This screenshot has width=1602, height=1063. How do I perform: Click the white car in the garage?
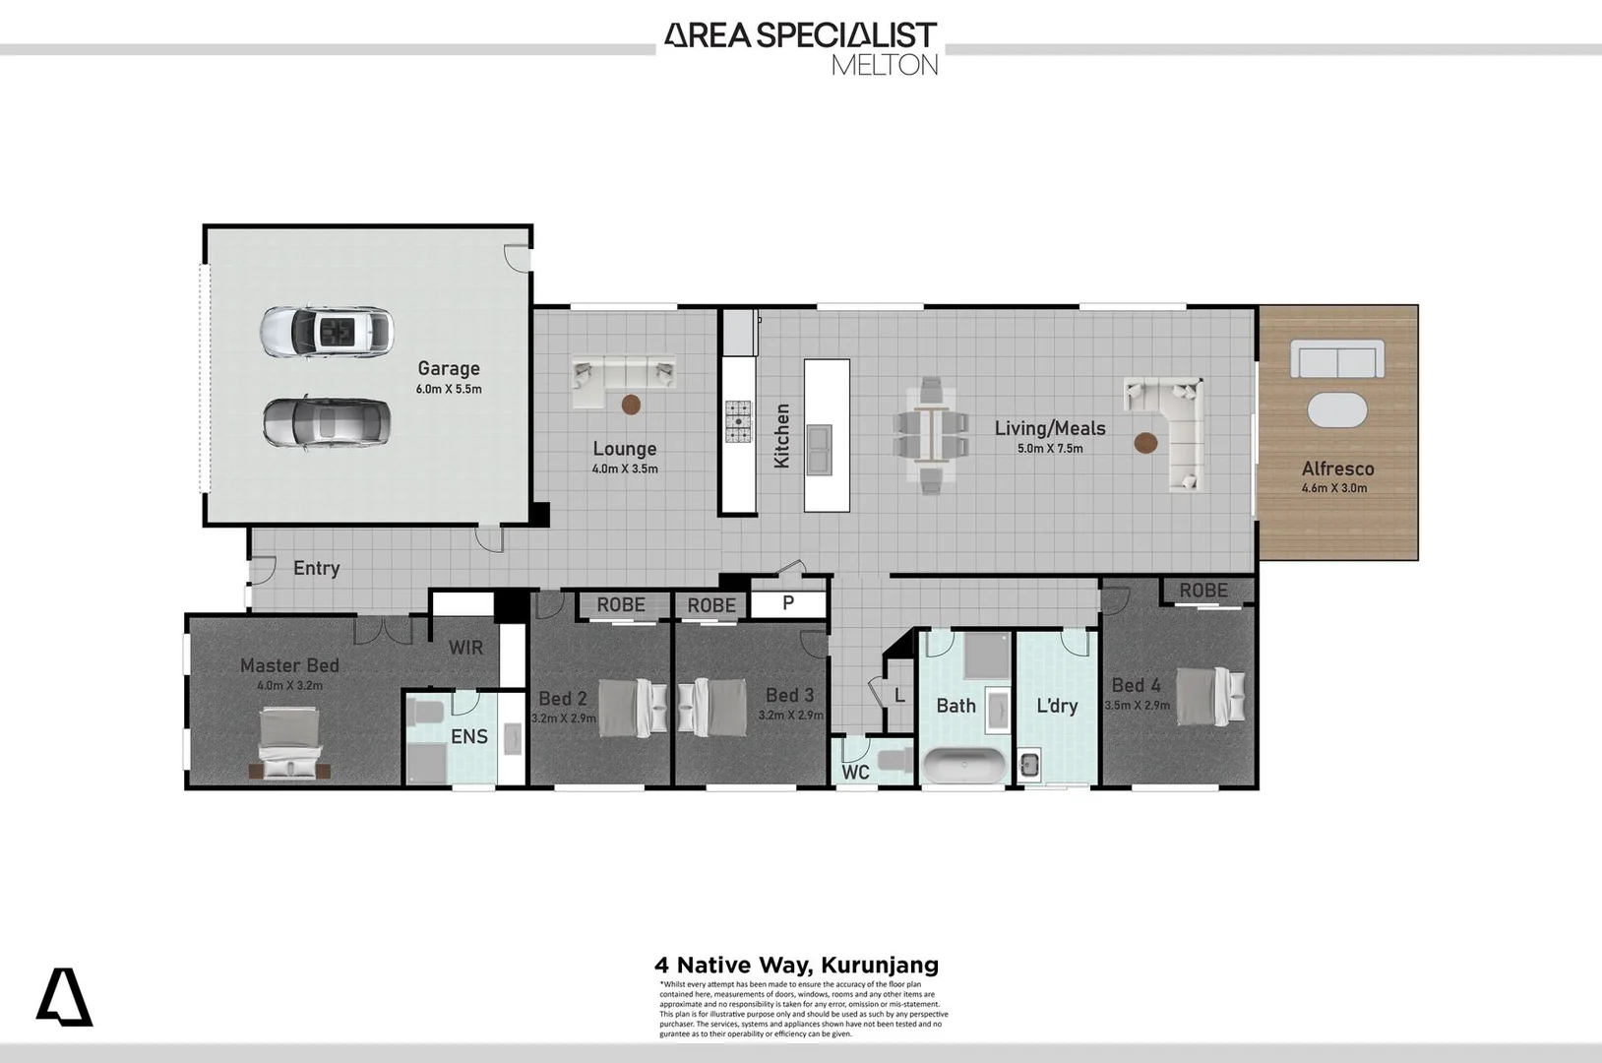point(327,333)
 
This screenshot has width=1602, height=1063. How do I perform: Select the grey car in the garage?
point(327,423)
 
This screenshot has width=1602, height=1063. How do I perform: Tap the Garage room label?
point(449,368)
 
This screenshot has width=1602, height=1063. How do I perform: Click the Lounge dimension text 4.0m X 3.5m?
point(625,469)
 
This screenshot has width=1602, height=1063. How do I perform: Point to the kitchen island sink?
point(819,448)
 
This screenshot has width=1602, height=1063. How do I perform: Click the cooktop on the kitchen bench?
point(738,422)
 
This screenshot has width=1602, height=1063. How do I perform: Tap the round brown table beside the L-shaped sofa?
point(1145,443)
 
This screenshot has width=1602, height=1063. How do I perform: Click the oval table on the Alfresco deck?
point(1337,409)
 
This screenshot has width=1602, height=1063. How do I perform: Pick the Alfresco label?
point(1337,469)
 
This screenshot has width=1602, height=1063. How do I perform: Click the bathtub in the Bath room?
point(963,765)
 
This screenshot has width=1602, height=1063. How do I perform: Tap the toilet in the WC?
point(894,760)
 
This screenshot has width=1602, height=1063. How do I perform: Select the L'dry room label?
point(1057,706)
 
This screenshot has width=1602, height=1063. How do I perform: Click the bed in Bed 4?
point(1210,696)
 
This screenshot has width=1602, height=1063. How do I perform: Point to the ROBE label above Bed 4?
point(1203,591)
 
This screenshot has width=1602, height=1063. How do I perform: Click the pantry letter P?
point(788,602)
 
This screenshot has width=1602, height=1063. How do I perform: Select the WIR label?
point(465,648)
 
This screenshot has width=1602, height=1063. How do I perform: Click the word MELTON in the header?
point(884,65)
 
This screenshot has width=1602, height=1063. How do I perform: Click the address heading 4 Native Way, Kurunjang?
point(797,966)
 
